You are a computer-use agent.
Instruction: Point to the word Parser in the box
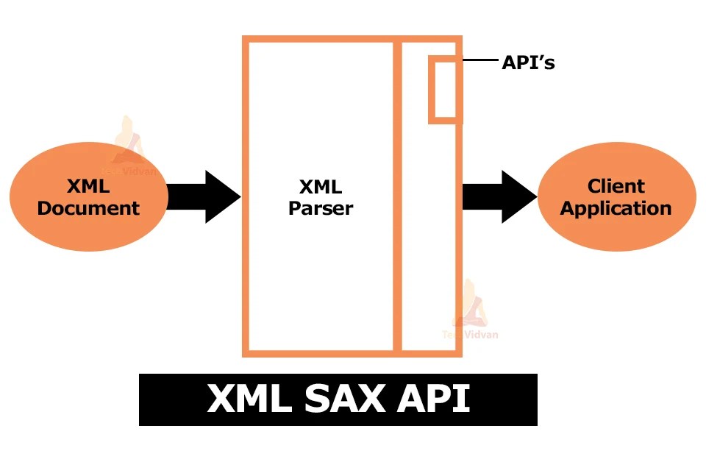click(x=321, y=208)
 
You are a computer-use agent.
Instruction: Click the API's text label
click(x=528, y=63)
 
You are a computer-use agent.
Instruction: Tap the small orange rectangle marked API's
click(x=444, y=90)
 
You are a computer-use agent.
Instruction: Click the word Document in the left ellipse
click(x=88, y=208)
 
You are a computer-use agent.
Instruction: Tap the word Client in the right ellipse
click(x=616, y=186)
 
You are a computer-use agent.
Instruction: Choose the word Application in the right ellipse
click(x=616, y=208)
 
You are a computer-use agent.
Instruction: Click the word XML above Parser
click(x=321, y=186)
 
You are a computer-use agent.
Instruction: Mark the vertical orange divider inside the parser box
click(x=398, y=221)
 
